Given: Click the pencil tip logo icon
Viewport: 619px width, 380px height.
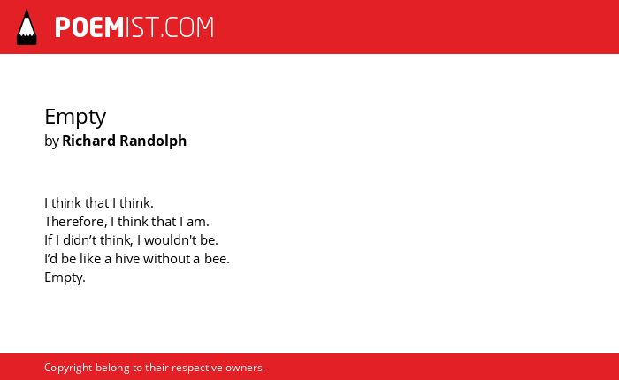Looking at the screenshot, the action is [x=27, y=27].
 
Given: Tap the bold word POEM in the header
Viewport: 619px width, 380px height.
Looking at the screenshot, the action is [x=89, y=27].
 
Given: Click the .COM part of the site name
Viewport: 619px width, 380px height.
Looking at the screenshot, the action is [x=187, y=27].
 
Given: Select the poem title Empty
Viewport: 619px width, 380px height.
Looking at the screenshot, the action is [x=75, y=117].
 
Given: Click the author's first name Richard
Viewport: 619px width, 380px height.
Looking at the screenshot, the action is [x=88, y=141].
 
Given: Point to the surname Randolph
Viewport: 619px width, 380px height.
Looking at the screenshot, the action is [x=153, y=141].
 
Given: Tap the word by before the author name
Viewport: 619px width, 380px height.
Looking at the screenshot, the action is [x=51, y=141].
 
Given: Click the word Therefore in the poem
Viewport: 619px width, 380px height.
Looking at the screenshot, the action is [x=74, y=222].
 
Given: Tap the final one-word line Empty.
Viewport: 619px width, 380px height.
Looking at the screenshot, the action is [x=65, y=277].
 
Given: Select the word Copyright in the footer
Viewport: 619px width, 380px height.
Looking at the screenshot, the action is [x=68, y=368].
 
